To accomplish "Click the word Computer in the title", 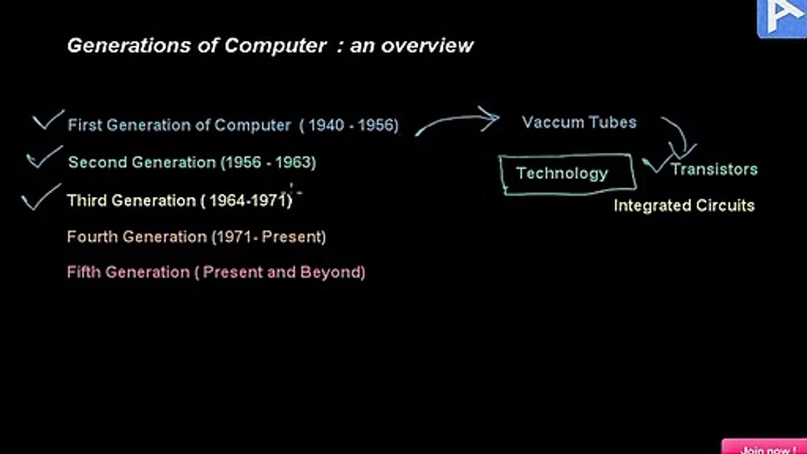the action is [276, 46].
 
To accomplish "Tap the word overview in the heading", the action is [427, 46].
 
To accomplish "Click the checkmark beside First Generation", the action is [49, 119].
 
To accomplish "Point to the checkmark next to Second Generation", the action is [45, 157].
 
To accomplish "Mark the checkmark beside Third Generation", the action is [41, 197].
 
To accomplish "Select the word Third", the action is [87, 201].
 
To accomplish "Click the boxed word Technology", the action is [562, 173].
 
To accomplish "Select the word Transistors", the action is [715, 170].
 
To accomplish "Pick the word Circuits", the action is [725, 206].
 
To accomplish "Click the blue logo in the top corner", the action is [782, 18].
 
